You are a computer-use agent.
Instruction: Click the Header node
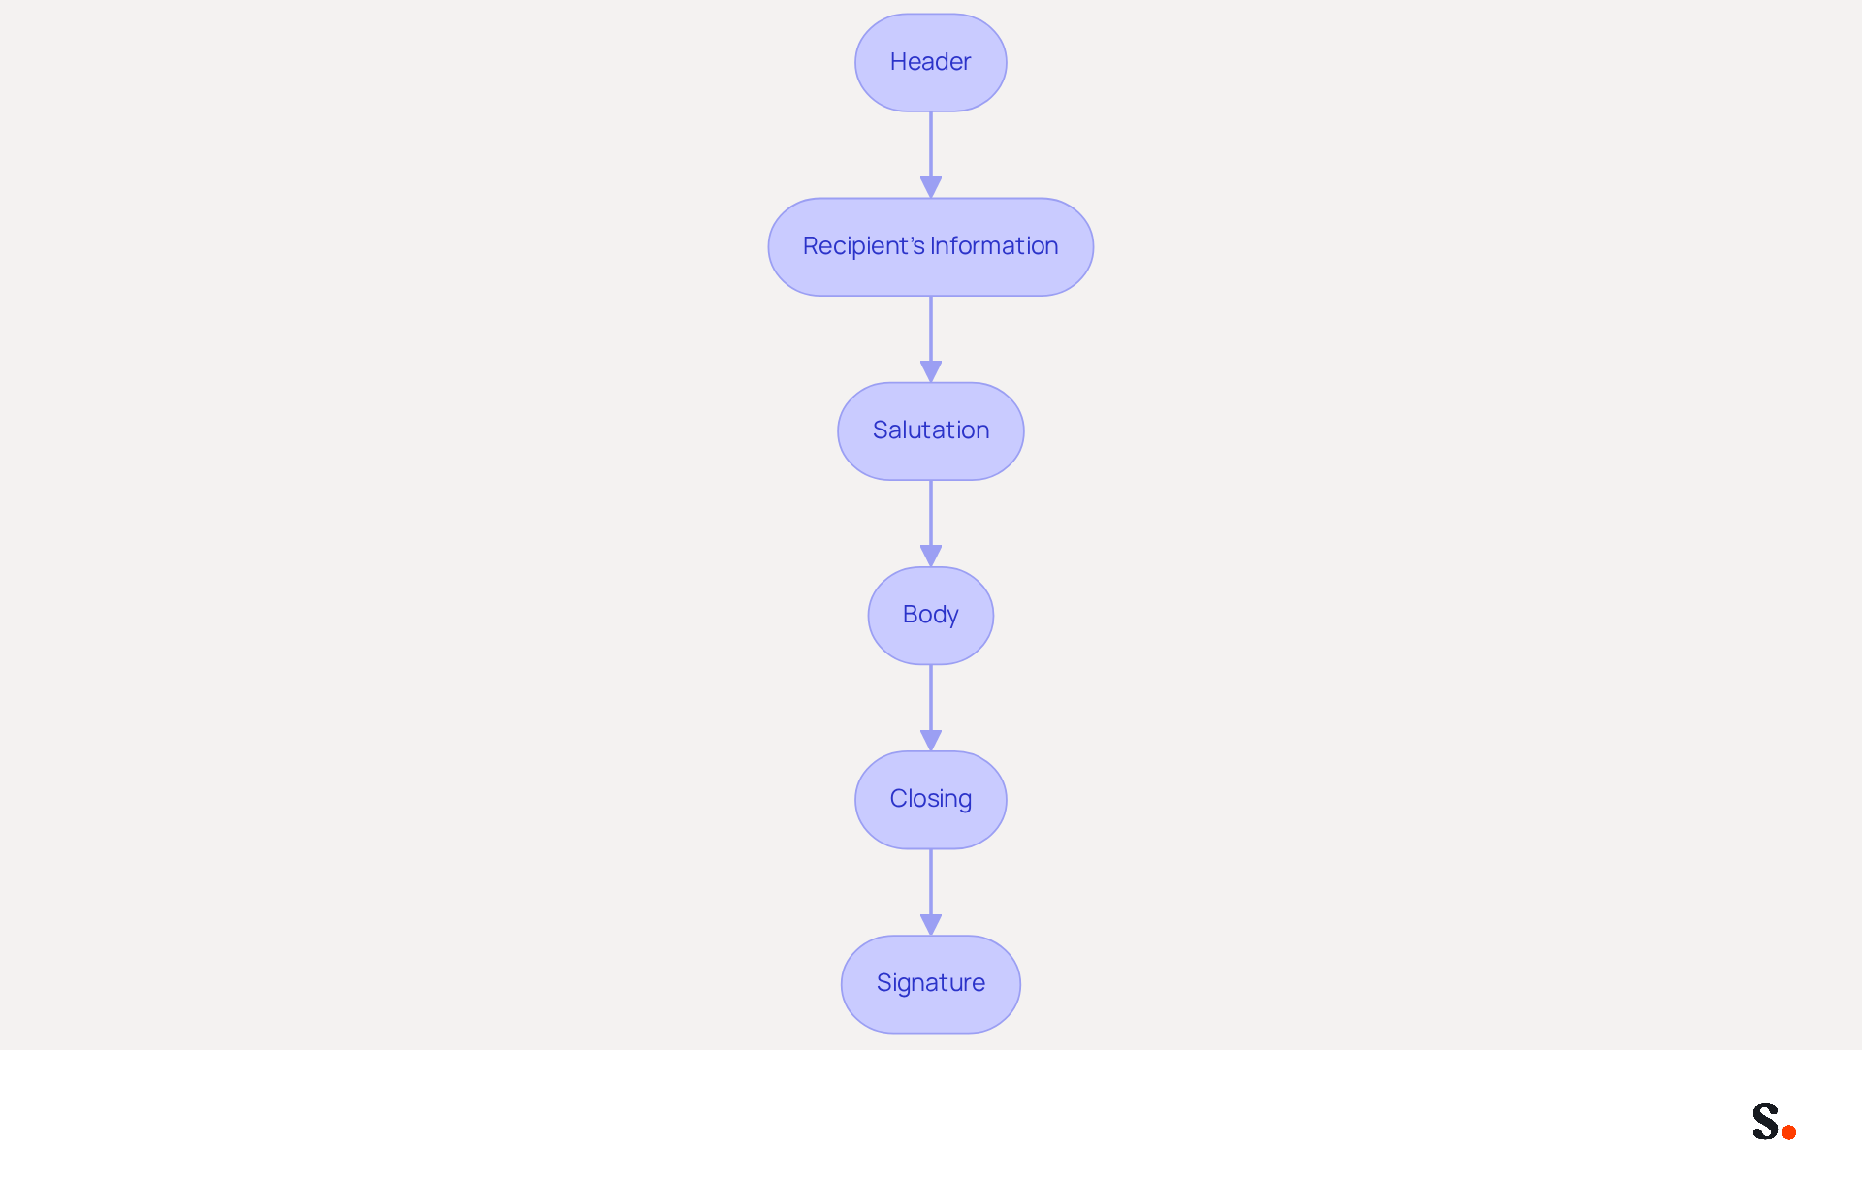click(x=931, y=62)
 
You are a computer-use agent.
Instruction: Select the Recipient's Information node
click(x=931, y=246)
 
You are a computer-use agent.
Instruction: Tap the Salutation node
click(x=931, y=430)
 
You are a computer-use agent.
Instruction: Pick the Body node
click(x=931, y=615)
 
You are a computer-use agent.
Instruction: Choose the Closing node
click(x=931, y=799)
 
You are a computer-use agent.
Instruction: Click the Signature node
click(x=931, y=983)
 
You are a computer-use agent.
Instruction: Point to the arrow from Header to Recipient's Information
click(x=931, y=155)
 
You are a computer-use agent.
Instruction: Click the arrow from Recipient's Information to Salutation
click(x=931, y=339)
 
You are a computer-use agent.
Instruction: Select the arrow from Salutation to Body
click(x=931, y=524)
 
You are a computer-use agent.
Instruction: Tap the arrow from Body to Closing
click(x=931, y=708)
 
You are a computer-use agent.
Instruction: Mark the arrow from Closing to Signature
click(x=931, y=892)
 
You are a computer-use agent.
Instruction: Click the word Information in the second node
click(x=994, y=246)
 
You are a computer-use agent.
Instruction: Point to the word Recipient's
click(x=864, y=246)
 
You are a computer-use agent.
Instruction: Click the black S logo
click(x=1766, y=1121)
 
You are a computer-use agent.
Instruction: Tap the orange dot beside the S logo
click(x=1789, y=1131)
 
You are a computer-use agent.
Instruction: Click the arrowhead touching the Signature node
click(x=931, y=925)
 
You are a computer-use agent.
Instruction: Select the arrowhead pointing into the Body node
click(x=931, y=557)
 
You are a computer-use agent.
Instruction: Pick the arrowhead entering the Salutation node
click(x=931, y=372)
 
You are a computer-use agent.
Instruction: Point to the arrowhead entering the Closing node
click(x=931, y=741)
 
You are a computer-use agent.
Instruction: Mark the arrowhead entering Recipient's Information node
click(x=931, y=188)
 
